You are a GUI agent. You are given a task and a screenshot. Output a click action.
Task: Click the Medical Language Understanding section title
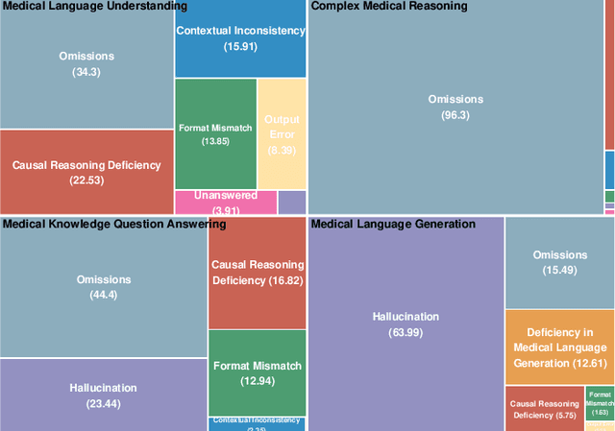coord(94,7)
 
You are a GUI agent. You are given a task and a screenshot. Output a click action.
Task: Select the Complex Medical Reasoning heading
coord(390,7)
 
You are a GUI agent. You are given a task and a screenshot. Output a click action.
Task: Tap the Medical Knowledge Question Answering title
coord(113,224)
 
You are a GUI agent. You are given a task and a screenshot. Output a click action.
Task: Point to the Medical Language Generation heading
coord(394,224)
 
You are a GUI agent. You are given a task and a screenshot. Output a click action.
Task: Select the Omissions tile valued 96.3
coord(455,106)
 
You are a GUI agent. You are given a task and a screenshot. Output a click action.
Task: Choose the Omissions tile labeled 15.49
coord(559,262)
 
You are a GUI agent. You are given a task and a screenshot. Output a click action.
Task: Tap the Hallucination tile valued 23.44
coord(103,395)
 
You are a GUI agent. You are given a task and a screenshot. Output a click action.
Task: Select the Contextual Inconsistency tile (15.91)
coord(240,38)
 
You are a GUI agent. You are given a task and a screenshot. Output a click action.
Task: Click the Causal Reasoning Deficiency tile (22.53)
coord(86,172)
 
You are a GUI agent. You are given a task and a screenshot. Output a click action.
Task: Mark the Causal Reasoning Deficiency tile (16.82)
coord(257,273)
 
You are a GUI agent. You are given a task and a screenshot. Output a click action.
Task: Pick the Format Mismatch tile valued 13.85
coord(215,133)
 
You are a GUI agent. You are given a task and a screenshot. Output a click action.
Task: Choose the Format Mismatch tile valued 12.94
coord(257,372)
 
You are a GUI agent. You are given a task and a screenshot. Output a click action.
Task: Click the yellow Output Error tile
coord(283,133)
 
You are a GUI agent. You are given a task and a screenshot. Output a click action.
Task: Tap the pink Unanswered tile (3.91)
coord(225,202)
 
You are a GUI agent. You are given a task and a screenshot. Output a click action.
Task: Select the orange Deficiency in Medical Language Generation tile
coord(559,347)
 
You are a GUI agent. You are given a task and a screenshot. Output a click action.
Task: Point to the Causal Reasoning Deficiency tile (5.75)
coord(544,408)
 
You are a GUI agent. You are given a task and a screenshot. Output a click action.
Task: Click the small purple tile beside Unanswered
coord(291,202)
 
